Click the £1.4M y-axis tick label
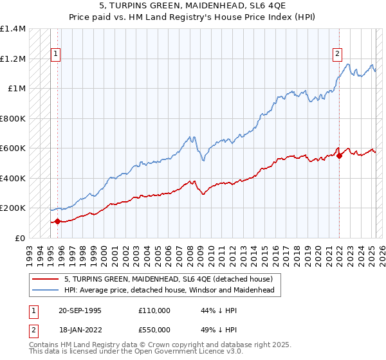click(x=13, y=29)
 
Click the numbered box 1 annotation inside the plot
click(x=57, y=55)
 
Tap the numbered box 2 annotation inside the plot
click(x=337, y=55)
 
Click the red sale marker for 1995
click(x=58, y=222)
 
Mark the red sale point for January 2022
click(x=339, y=156)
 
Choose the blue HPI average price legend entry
click(x=169, y=291)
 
